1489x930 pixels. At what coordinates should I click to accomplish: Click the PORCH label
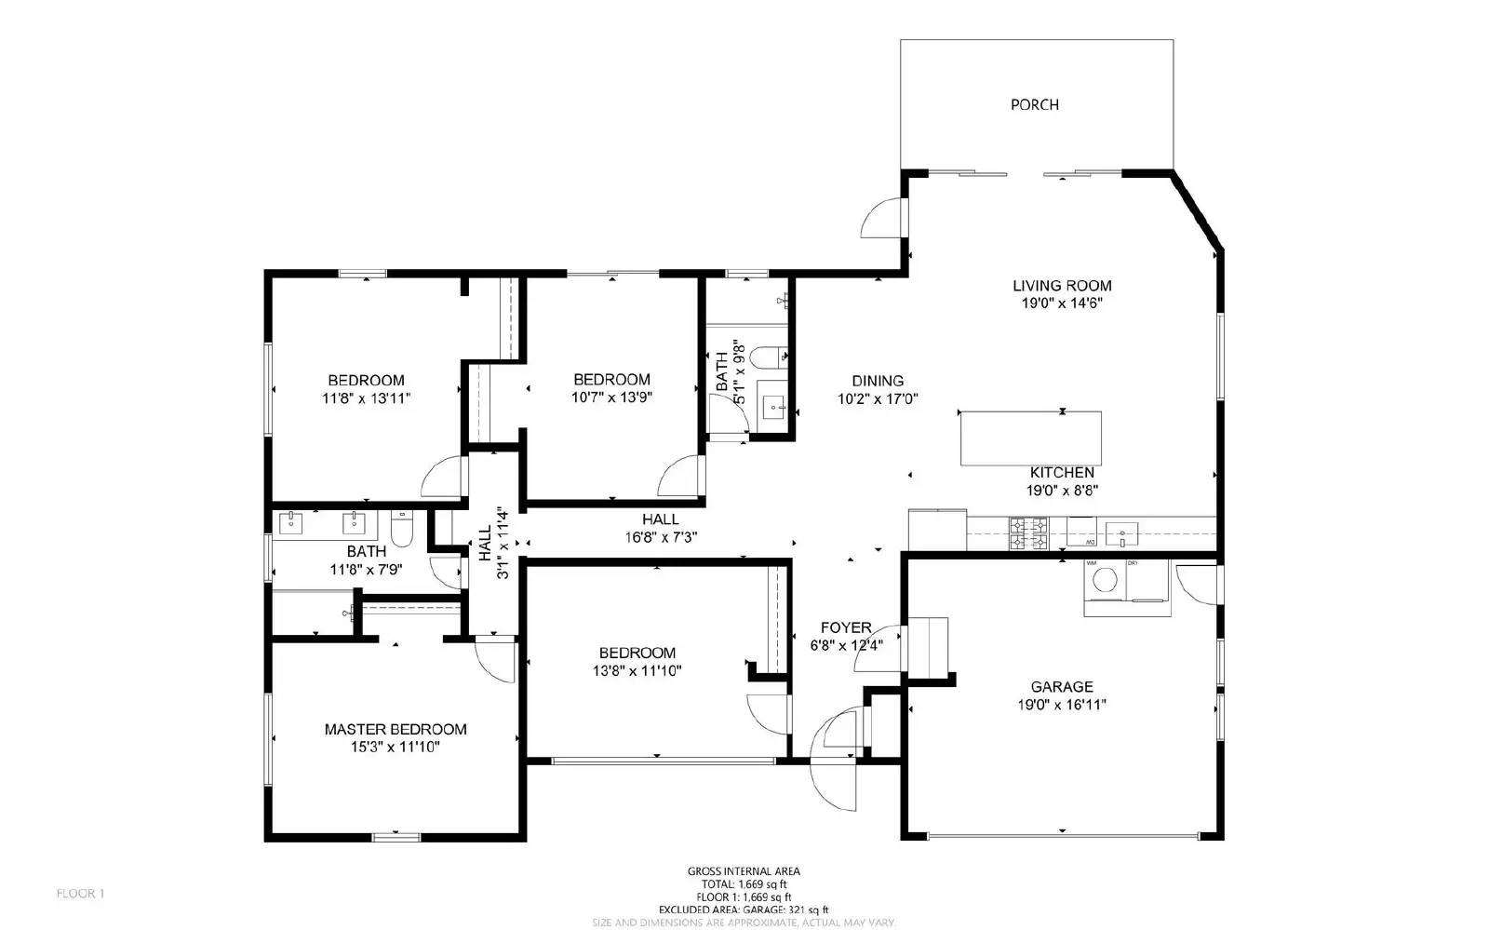pos(1034,104)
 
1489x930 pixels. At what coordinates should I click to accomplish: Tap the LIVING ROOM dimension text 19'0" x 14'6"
pos(1062,303)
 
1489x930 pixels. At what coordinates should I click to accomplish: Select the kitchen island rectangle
pos(1031,438)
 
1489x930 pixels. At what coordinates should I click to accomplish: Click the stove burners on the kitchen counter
pos(1028,534)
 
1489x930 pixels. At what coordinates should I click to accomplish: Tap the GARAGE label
pos(1062,687)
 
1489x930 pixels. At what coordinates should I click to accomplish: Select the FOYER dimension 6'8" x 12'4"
pos(846,644)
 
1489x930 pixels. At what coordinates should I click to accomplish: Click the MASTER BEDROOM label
pos(396,729)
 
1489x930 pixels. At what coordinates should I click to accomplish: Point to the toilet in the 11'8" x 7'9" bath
pos(402,529)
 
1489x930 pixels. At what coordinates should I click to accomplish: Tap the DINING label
pos(878,380)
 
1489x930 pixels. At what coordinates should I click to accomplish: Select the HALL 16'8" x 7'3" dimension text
pos(661,537)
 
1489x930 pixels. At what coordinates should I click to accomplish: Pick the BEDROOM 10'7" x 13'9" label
pos(611,379)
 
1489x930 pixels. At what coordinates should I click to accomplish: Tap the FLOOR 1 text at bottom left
pos(80,894)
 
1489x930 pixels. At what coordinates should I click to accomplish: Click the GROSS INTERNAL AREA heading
pos(744,871)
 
